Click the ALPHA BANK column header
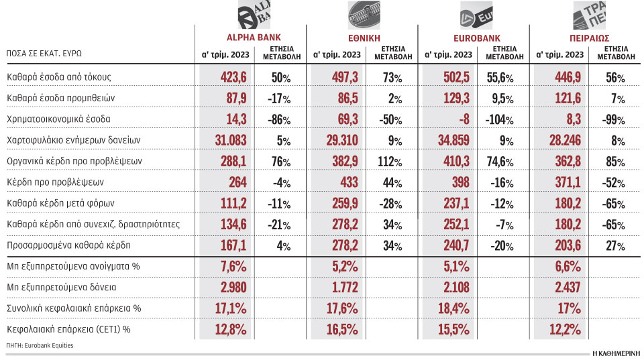coord(250,38)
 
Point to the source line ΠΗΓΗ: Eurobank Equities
coord(39,345)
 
